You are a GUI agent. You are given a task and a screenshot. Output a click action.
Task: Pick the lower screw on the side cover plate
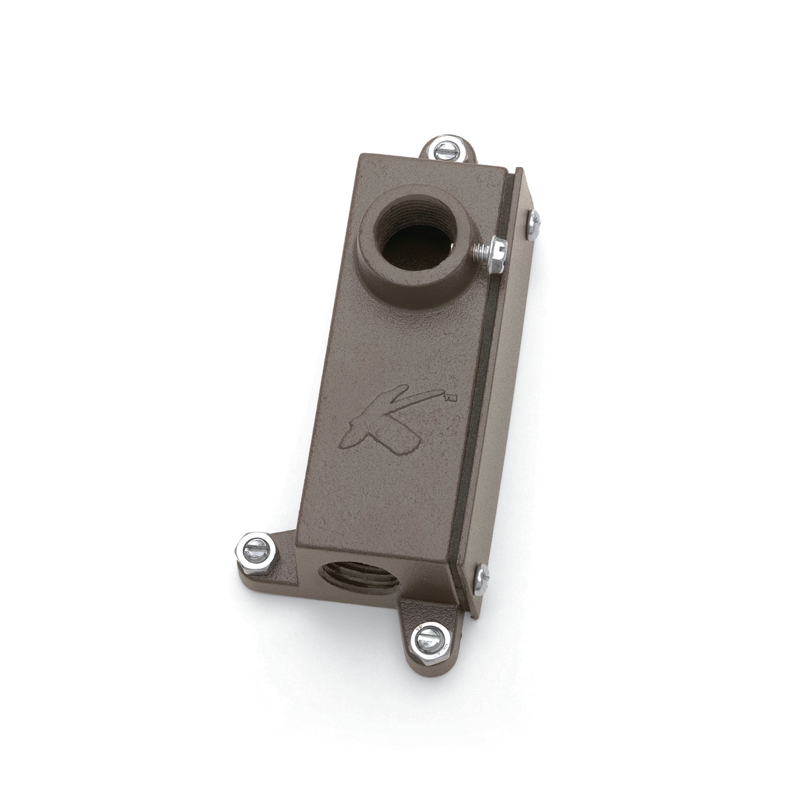[x=482, y=574]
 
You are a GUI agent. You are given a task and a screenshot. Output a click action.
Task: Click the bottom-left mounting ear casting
[x=275, y=554]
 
